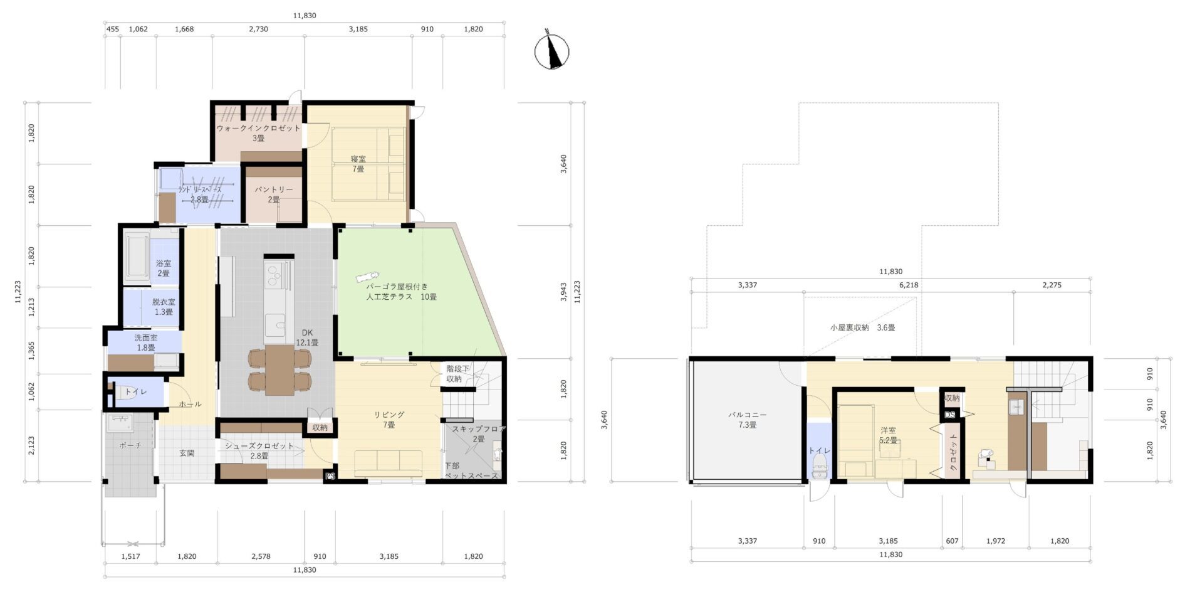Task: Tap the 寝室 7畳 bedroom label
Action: [358, 164]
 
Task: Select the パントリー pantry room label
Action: [273, 194]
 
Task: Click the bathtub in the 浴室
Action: [137, 255]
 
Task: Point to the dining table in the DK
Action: [279, 369]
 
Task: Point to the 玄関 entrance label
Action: [187, 453]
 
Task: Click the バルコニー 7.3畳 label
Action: [747, 420]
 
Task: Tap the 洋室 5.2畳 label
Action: [888, 435]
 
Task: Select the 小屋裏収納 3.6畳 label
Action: [862, 327]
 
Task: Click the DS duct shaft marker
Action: [949, 415]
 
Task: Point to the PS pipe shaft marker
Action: [330, 477]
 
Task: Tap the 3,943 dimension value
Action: [563, 292]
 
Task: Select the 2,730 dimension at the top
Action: [258, 29]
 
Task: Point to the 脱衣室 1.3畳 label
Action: [164, 307]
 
